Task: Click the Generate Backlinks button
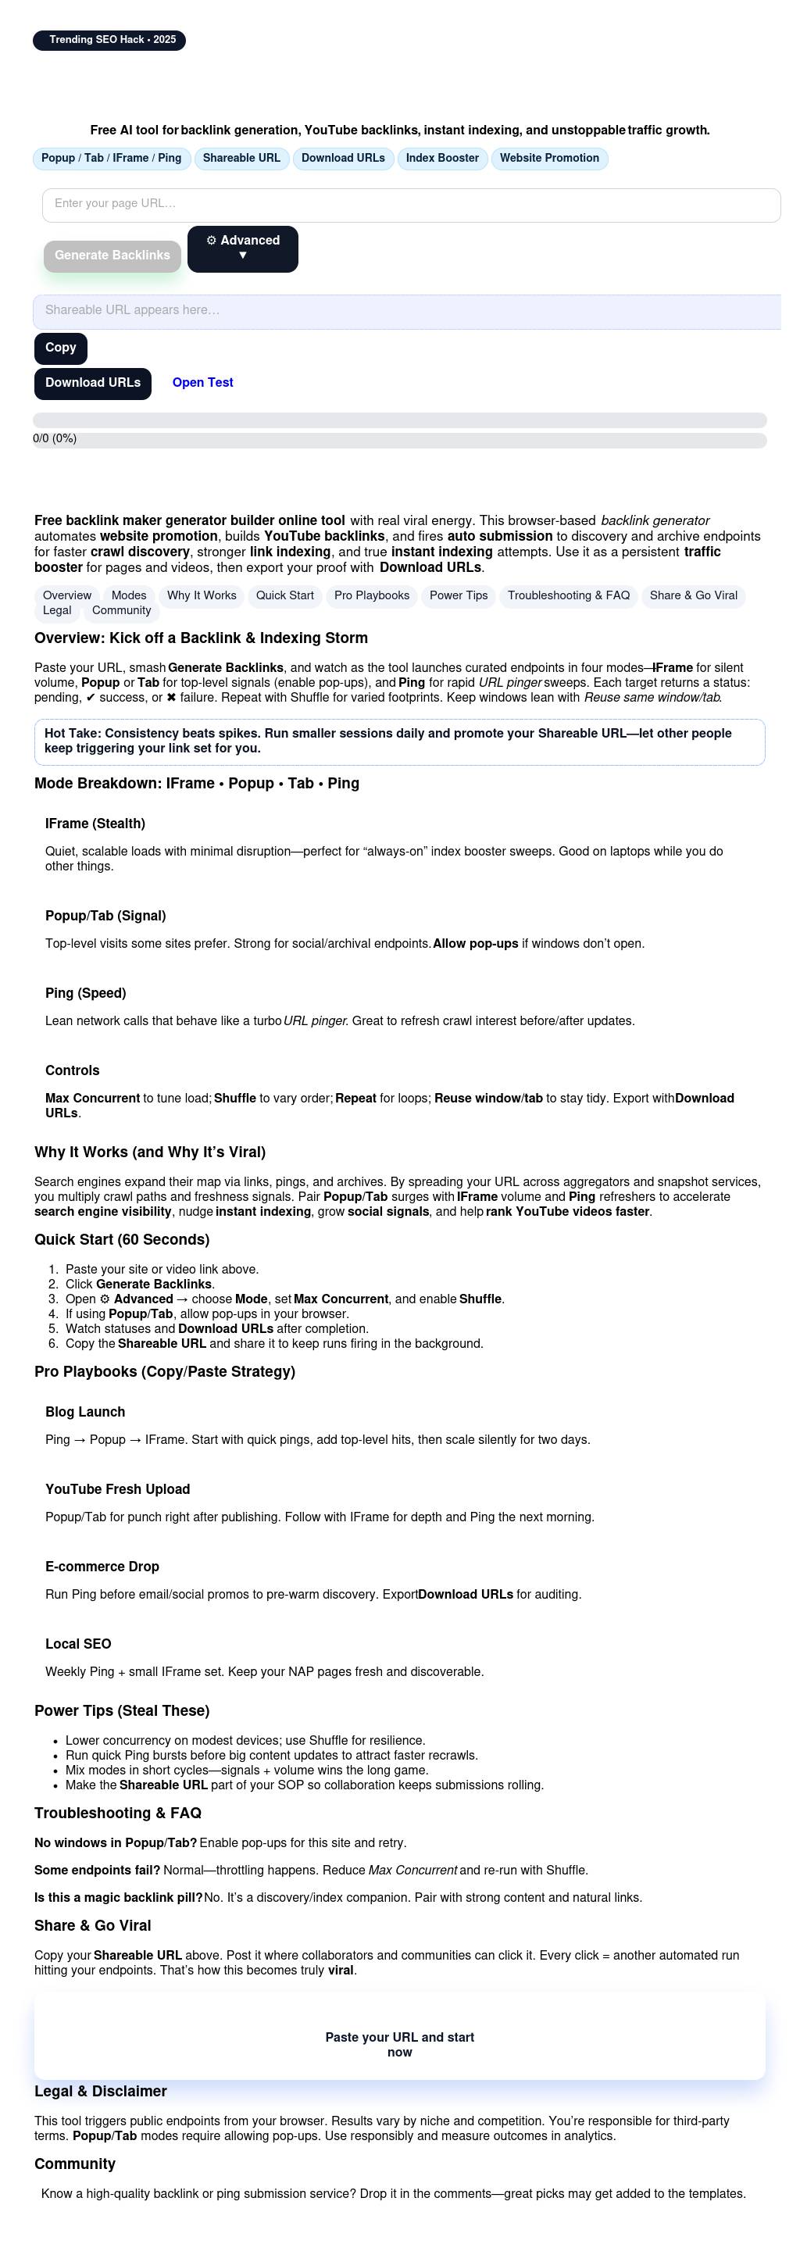point(112,256)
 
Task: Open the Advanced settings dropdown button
point(242,248)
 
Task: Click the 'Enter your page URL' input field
point(411,205)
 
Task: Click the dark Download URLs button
point(92,383)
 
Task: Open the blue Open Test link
point(202,383)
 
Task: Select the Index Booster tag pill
point(441,158)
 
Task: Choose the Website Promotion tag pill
point(549,158)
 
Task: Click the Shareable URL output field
point(405,311)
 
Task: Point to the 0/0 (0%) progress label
point(55,438)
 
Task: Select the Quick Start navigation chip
point(284,595)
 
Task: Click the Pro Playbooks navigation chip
point(371,595)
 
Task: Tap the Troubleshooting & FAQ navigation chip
point(568,595)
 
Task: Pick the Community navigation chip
point(121,610)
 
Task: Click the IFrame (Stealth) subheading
point(95,824)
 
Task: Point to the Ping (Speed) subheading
point(85,993)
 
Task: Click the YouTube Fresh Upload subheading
point(118,1489)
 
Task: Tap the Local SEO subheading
point(78,1644)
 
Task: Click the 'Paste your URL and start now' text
point(399,2044)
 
